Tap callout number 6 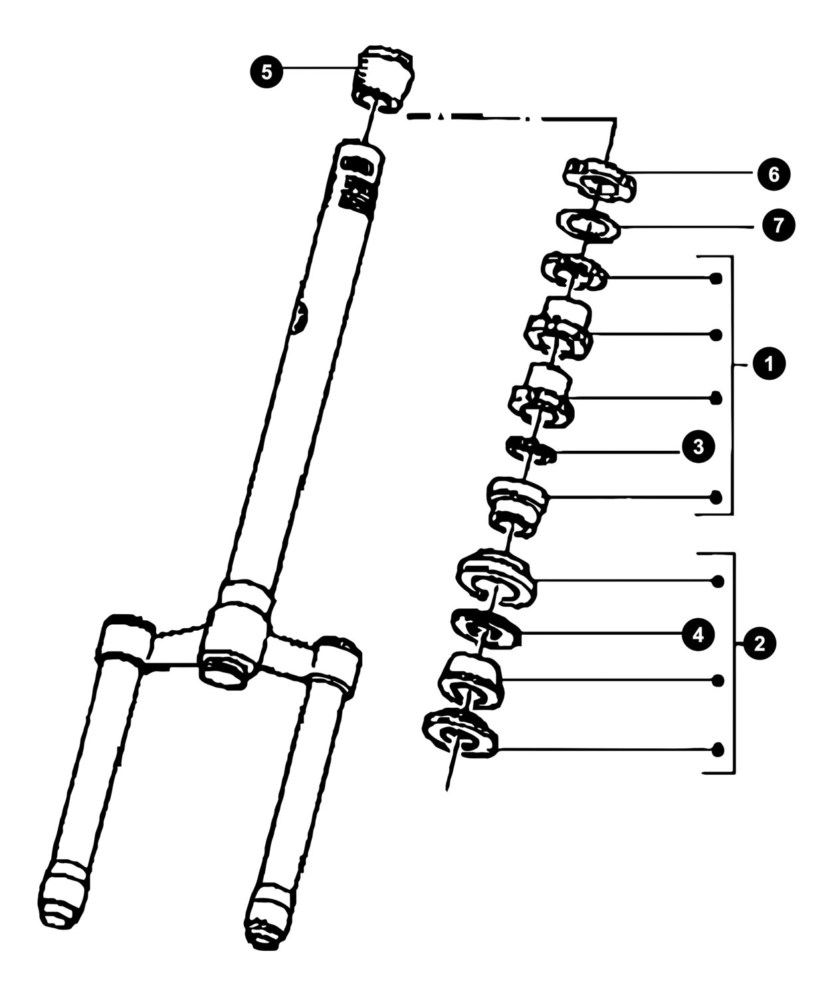[773, 175]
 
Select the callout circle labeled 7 [779, 225]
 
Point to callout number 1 [769, 363]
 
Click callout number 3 [698, 447]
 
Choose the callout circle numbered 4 [698, 635]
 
